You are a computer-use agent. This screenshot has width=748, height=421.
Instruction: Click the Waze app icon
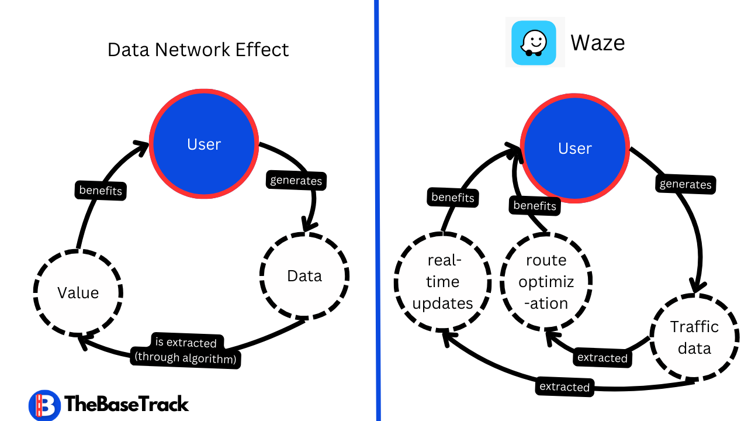point(534,43)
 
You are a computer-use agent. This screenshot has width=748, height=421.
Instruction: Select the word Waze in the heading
point(597,43)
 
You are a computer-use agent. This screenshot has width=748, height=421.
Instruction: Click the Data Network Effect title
point(198,50)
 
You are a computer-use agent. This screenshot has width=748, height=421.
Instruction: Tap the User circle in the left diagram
point(204,144)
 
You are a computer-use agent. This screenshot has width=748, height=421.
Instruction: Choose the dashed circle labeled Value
point(78,292)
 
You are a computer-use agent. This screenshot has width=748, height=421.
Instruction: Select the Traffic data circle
point(694,337)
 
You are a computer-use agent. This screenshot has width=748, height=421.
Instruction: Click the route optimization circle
point(546,281)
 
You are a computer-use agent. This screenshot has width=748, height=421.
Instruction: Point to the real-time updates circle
point(442,281)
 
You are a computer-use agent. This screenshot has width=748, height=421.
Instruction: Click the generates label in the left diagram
point(296,180)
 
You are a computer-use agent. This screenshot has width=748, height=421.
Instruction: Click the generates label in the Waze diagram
point(685,184)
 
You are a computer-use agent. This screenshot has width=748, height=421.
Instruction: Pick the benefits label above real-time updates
point(453,198)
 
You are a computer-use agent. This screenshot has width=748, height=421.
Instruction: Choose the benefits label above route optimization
point(535,206)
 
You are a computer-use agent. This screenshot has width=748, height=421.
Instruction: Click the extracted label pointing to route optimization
point(602,358)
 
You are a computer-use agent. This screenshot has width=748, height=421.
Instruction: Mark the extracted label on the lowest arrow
point(565,387)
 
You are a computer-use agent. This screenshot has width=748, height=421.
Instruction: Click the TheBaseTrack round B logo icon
point(44,405)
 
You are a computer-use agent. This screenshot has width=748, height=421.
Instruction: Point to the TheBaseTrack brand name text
point(127,404)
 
